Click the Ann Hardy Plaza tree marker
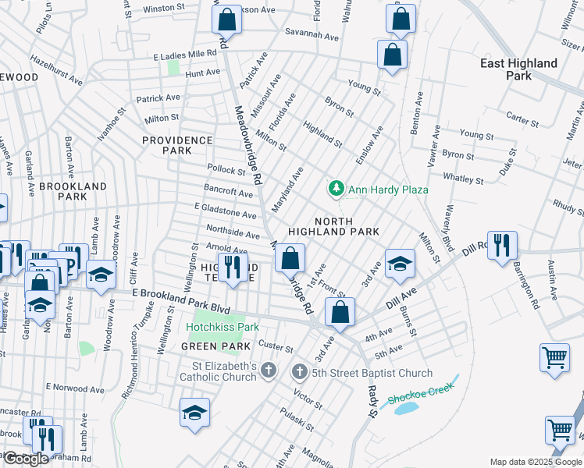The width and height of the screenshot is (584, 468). (x=336, y=189)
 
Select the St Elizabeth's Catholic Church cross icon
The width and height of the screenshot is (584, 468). (x=269, y=370)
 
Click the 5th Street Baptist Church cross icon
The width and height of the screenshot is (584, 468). (x=299, y=373)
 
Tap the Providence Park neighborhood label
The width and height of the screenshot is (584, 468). (x=177, y=145)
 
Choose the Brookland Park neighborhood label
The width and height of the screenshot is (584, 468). (x=73, y=191)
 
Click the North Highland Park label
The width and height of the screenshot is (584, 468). (x=333, y=225)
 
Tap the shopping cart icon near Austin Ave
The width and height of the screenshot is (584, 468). (x=554, y=358)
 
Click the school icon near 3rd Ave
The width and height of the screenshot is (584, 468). (x=399, y=263)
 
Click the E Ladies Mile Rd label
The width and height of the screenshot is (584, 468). (x=184, y=55)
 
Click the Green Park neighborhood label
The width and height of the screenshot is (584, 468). (x=215, y=346)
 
